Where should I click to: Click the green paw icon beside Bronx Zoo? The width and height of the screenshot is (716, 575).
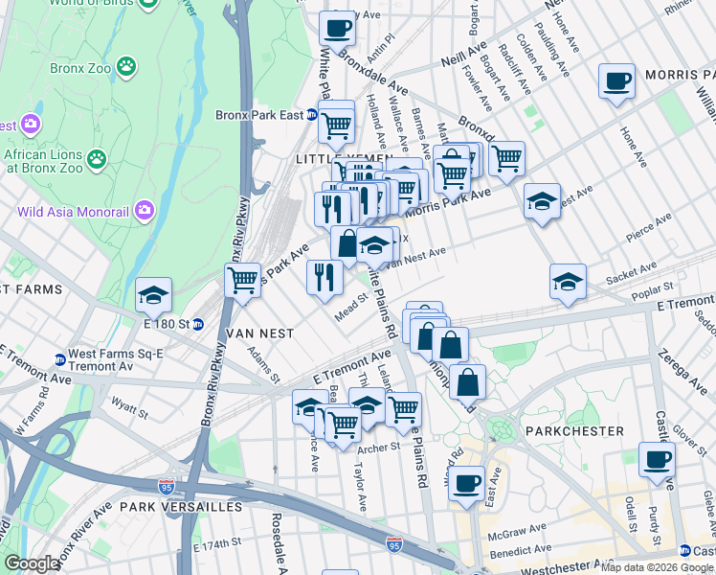(125, 67)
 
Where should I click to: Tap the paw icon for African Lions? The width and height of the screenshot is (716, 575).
(96, 157)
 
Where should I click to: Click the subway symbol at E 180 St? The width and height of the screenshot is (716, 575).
(198, 324)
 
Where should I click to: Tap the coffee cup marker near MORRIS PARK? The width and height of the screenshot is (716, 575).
(616, 80)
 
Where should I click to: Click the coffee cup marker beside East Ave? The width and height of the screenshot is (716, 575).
(466, 482)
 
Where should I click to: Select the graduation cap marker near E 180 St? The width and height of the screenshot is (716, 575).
(152, 295)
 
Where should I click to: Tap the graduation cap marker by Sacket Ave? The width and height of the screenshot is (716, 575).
(568, 281)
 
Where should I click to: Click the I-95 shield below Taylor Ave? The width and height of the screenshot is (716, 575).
(394, 544)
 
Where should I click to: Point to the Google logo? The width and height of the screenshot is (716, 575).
(33, 563)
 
